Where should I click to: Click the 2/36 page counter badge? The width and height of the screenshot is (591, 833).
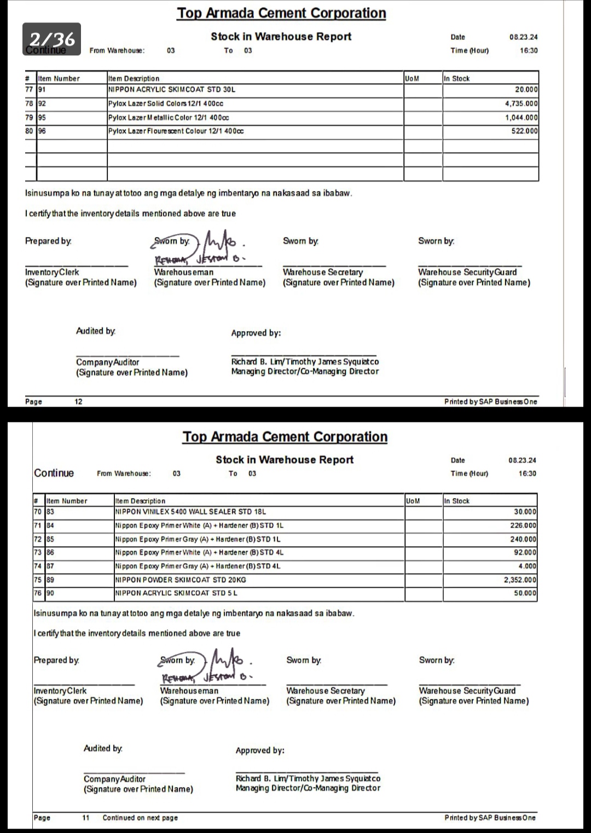tap(52, 39)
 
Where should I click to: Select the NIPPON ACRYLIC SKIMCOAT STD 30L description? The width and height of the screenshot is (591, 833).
tap(172, 89)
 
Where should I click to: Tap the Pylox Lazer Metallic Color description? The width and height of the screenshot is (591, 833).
tap(169, 117)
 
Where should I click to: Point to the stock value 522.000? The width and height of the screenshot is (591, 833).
tap(524, 131)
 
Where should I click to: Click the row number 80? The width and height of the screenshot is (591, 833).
tap(30, 131)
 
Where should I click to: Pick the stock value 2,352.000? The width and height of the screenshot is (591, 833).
tap(520, 580)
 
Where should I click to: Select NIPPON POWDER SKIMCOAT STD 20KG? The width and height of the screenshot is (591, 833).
tap(181, 580)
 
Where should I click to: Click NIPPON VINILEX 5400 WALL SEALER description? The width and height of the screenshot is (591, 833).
tap(190, 512)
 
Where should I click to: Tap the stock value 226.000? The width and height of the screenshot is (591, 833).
tap(523, 525)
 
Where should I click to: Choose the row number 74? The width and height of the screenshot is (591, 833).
tap(38, 566)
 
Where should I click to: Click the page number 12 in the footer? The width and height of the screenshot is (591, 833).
tap(78, 402)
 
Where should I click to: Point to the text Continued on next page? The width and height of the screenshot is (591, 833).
tap(140, 818)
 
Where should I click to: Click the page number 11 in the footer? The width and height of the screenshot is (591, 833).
tap(86, 818)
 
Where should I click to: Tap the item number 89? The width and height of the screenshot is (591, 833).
tap(50, 580)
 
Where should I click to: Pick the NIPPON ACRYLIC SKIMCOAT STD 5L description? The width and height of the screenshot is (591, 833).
tap(176, 593)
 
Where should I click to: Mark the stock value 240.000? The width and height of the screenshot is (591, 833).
tap(523, 539)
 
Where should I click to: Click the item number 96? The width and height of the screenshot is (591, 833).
tap(42, 131)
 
